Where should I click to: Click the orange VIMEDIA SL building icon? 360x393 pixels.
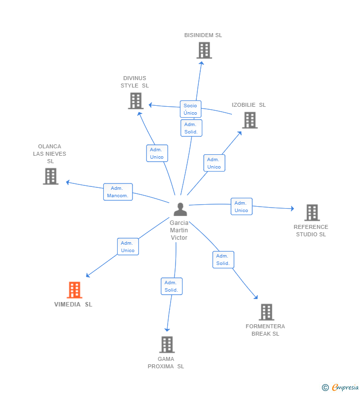75,290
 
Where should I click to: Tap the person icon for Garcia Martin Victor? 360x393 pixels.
180,209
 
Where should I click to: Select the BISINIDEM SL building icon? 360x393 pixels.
204,50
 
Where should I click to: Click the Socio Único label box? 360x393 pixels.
190,109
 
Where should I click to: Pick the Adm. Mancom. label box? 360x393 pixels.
118,192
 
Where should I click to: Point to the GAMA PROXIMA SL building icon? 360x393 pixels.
167,345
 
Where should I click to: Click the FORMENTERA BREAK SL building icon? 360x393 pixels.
266,312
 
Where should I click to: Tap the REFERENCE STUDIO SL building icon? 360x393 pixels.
312,213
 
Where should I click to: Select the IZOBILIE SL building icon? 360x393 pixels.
250,120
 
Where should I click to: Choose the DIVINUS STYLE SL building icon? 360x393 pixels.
136,101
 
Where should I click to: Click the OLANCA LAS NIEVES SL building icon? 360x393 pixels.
50,176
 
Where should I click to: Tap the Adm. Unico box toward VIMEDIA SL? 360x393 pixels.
128,247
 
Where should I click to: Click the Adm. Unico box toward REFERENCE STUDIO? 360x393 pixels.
241,207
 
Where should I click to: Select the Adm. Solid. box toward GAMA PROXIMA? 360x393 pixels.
172,286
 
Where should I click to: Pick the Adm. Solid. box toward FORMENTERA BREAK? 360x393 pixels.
223,260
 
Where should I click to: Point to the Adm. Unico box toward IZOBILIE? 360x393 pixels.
214,163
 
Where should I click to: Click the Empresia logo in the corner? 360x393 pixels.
340,388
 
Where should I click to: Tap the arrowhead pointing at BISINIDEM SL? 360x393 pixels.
201,63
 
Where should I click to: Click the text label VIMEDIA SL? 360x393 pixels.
73,305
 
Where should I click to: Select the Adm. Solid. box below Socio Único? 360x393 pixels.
191,128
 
